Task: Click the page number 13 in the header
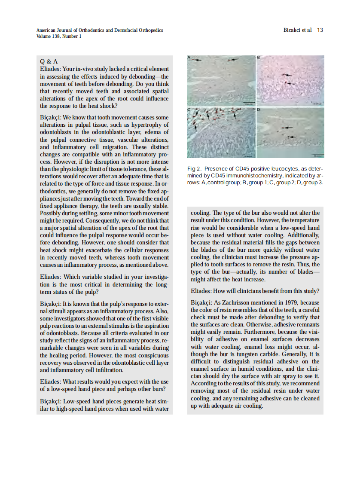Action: point(320,30)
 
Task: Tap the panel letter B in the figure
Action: point(259,58)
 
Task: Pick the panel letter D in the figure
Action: point(259,110)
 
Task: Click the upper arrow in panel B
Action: point(287,75)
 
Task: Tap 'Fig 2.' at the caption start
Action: point(194,169)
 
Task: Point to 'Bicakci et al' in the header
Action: point(297,30)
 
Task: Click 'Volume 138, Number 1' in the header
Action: point(59,37)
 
